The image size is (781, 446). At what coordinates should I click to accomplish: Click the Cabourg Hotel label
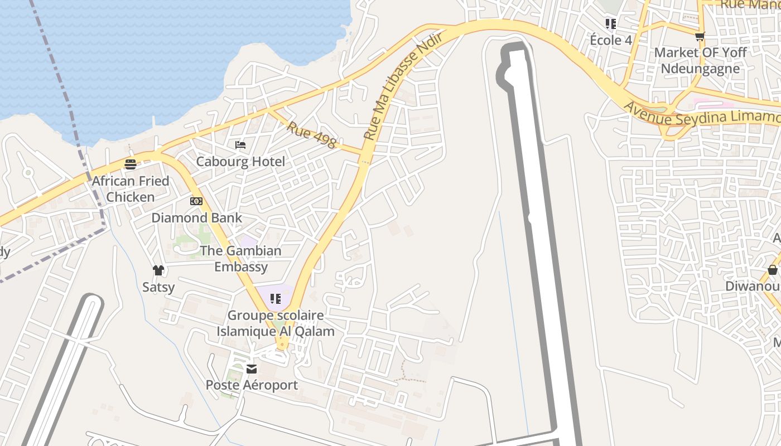pos(240,162)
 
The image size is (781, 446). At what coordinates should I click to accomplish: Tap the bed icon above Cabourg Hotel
pos(240,145)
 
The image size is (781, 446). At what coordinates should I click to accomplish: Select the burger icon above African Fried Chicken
pos(131,164)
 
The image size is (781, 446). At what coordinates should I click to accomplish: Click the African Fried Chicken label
pos(131,189)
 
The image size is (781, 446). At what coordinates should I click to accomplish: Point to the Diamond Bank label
pos(196,217)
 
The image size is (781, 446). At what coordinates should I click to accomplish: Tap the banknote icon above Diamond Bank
pos(196,201)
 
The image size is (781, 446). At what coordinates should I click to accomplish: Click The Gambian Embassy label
pos(241,259)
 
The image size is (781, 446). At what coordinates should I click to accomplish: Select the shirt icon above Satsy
pos(158,270)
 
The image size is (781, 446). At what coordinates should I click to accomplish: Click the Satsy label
pos(158,287)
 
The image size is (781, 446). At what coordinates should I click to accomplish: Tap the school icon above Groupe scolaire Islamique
pos(275,299)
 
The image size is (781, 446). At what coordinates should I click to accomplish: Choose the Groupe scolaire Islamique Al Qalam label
pos(276,323)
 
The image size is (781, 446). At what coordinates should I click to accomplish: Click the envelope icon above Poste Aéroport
pos(252,369)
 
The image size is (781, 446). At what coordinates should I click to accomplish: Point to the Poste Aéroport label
pos(252,385)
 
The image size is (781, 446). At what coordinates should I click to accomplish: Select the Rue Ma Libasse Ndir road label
pos(403,85)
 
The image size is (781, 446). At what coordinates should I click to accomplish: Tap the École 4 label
pos(611,40)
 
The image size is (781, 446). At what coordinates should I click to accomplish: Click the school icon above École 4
pos(611,23)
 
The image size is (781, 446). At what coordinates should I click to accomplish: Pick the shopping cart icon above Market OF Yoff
pos(700,36)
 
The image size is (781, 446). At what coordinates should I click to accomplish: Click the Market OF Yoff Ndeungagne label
pos(700,60)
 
